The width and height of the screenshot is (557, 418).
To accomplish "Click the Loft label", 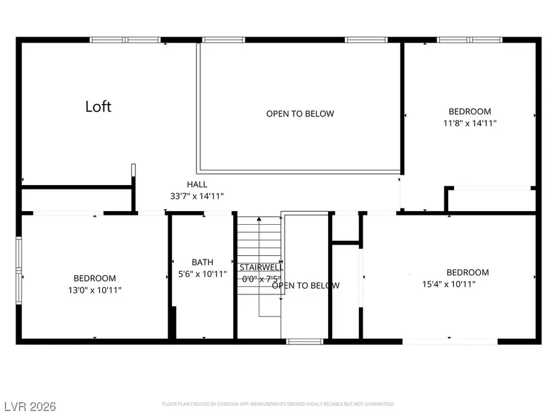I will (x=98, y=107).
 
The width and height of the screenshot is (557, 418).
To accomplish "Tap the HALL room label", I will (x=197, y=185).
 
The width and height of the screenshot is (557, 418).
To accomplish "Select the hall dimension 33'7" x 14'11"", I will (x=197, y=196).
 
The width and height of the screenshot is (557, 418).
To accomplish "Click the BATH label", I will (x=202, y=263).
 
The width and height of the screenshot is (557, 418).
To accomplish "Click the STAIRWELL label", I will (x=261, y=268).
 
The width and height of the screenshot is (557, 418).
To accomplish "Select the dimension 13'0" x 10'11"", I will (x=95, y=289).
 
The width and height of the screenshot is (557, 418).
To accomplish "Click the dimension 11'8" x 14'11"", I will (x=470, y=123).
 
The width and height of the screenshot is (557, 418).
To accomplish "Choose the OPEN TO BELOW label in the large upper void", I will (x=300, y=114).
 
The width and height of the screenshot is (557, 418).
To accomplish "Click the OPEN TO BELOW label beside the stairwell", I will (x=306, y=285).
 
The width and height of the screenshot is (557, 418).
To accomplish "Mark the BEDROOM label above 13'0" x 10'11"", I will (x=95, y=279).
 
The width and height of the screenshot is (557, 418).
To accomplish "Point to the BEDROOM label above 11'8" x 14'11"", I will (x=470, y=111).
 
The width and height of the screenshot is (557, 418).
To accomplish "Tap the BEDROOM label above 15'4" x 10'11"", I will (x=468, y=272).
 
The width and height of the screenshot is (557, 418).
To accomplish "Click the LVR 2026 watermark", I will (x=29, y=407).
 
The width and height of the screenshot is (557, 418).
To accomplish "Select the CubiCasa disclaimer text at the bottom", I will (x=277, y=404).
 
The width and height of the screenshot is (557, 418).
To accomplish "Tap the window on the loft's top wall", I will (x=126, y=40).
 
